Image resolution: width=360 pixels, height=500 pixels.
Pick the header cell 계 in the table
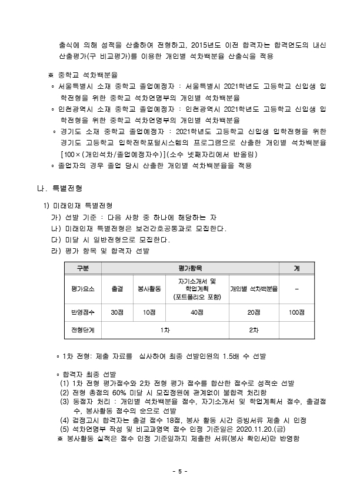[x=296, y=268]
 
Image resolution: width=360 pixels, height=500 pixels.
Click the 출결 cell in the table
[x=117, y=289]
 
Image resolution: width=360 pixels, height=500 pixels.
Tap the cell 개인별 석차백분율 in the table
[x=254, y=289]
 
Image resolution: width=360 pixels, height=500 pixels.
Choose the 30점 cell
[x=117, y=312]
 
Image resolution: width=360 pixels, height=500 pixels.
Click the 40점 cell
[x=197, y=312]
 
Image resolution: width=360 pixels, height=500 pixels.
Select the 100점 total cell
[x=296, y=312]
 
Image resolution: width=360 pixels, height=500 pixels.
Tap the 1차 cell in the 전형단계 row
[x=165, y=330]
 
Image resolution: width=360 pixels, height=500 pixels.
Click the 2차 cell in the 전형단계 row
[x=254, y=330]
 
